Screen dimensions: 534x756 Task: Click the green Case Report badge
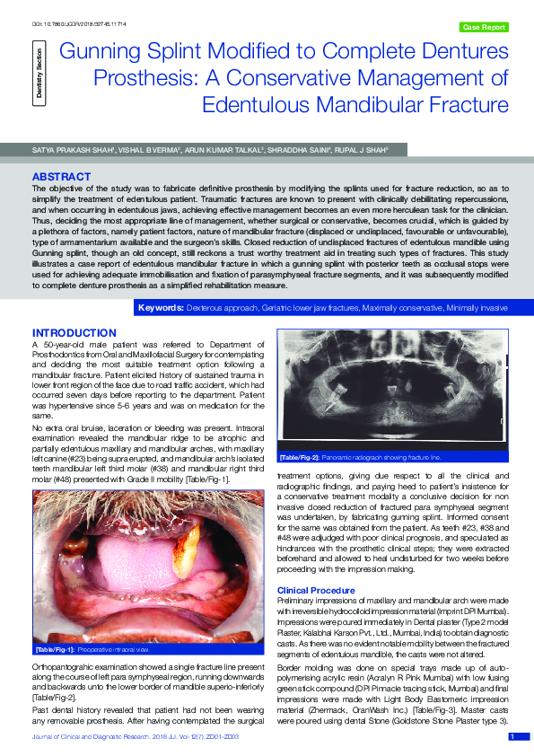[x=483, y=28]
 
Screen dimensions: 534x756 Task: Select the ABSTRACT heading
[x=61, y=176]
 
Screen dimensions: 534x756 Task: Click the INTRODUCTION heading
[x=74, y=333]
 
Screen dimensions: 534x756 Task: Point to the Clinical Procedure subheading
[x=316, y=590]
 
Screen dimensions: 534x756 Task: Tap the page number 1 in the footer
[x=512, y=736]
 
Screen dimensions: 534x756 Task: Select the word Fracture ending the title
[x=469, y=104]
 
